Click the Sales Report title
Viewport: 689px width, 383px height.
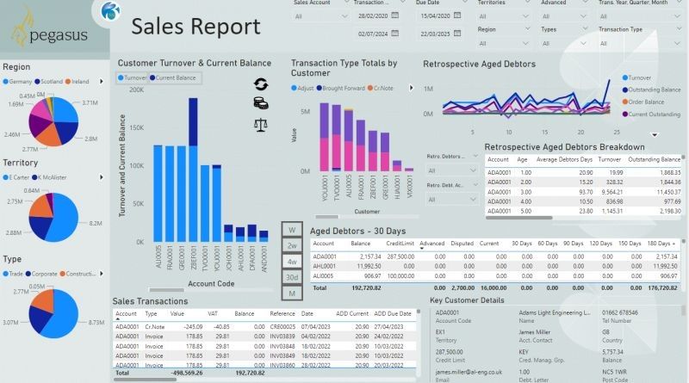click(x=196, y=28)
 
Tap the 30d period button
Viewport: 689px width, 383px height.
click(x=292, y=277)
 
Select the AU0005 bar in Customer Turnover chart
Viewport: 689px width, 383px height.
click(x=158, y=195)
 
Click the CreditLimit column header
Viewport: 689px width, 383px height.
click(x=401, y=244)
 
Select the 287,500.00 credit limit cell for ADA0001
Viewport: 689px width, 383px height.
click(x=401, y=256)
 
